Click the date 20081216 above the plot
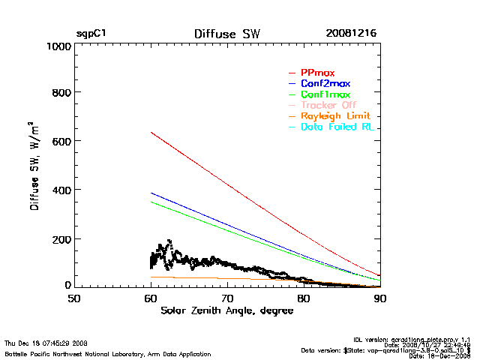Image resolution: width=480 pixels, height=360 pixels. [351, 34]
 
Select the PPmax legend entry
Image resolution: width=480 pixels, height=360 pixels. [317, 73]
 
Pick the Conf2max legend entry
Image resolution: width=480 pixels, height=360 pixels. [325, 83]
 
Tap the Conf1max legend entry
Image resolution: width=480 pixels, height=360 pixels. [325, 94]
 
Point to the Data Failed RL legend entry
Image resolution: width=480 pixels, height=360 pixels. [337, 127]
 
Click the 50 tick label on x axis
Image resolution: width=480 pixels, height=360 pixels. [74, 298]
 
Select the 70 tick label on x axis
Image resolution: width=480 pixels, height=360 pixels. [227, 298]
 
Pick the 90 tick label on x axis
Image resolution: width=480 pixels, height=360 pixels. [380, 298]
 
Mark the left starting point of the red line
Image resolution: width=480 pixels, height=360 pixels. [151, 133]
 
